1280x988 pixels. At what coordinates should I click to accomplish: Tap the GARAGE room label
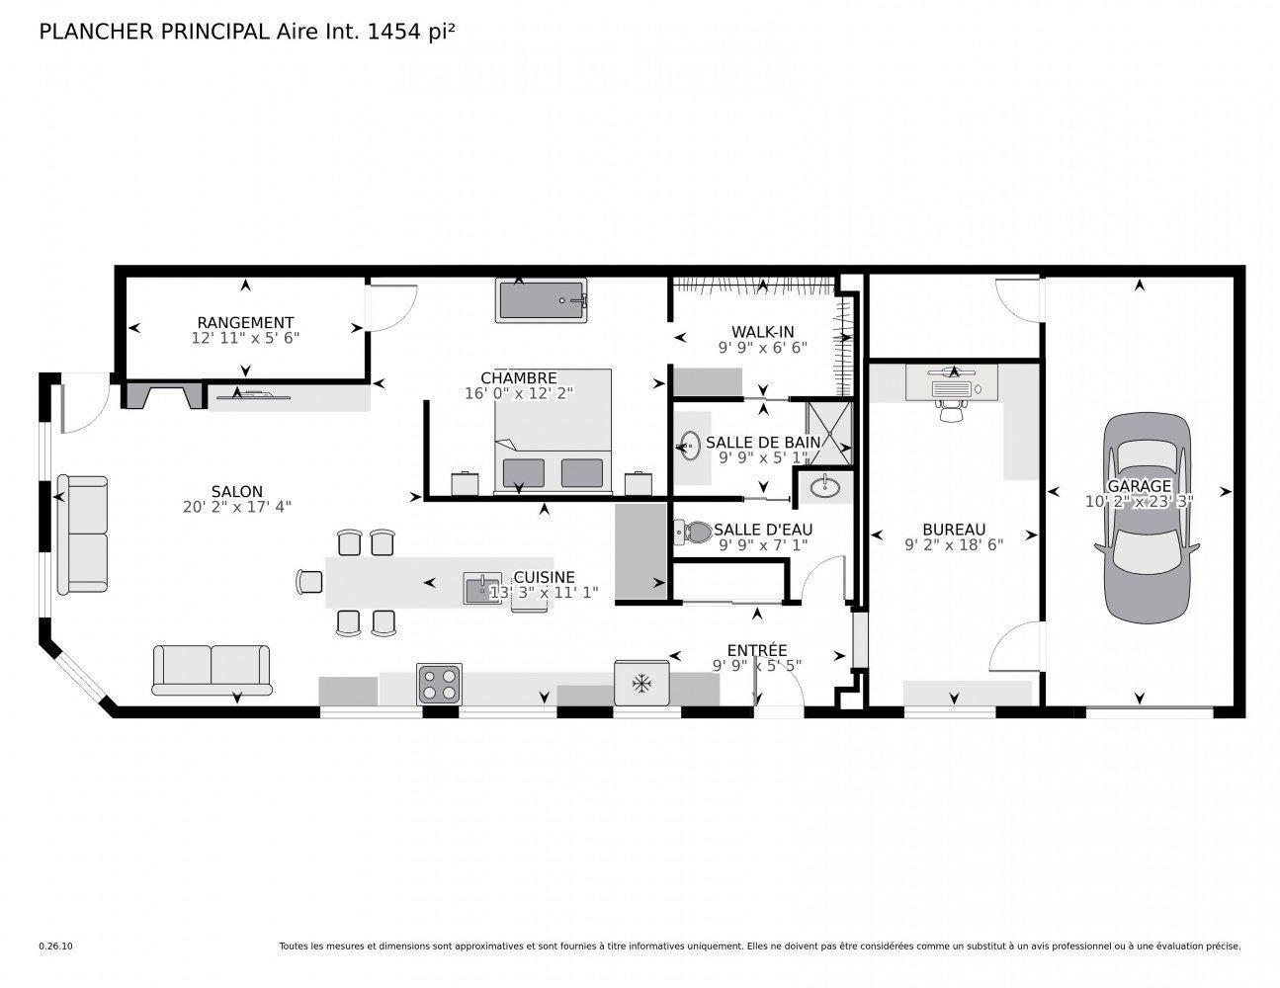(1139, 486)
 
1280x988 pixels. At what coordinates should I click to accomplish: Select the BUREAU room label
(954, 530)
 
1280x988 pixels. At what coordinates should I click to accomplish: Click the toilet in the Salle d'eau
(692, 533)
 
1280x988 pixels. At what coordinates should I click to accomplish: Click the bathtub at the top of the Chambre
(543, 299)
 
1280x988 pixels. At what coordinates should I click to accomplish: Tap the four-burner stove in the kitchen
(439, 683)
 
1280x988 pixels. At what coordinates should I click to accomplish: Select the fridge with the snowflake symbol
(641, 682)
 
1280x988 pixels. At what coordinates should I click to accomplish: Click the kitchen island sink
(483, 588)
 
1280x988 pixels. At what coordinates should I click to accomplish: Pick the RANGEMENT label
(245, 322)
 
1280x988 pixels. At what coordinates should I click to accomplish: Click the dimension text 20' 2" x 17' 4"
(237, 506)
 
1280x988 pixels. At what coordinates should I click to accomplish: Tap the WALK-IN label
(762, 332)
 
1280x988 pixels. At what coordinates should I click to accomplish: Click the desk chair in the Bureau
(952, 410)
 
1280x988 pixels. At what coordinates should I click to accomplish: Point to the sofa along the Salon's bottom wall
(211, 669)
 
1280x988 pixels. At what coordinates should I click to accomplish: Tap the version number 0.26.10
(55, 947)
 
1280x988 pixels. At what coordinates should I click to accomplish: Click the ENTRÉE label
(757, 649)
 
